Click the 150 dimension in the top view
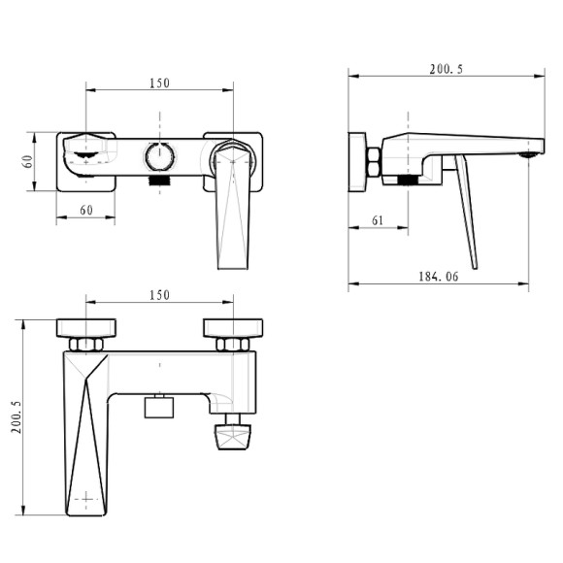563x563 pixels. click(160, 83)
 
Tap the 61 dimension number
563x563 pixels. click(378, 220)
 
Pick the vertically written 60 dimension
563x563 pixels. click(29, 161)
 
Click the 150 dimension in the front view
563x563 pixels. click(160, 294)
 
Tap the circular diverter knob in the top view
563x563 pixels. click(159, 155)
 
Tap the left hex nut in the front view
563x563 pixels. click(86, 344)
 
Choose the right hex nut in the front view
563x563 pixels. click(233, 344)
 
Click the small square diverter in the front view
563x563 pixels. click(158, 405)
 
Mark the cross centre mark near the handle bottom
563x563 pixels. click(87, 499)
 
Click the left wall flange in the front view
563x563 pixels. click(86, 327)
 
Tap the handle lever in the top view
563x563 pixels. click(230, 209)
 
